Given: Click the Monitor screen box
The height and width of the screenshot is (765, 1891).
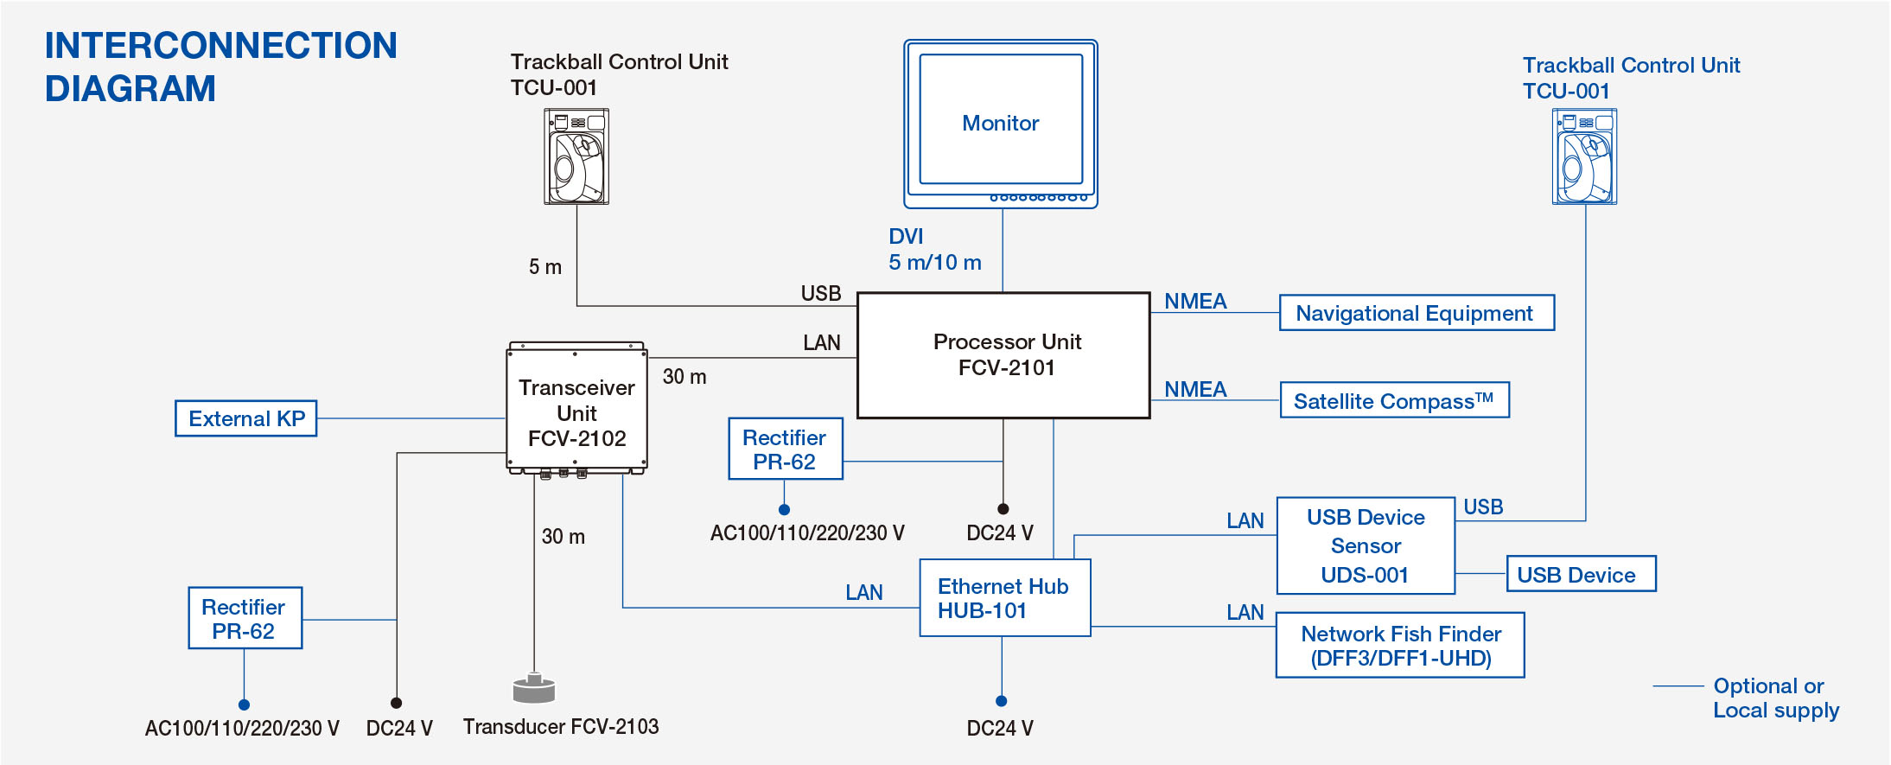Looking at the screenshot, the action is click(x=1001, y=124).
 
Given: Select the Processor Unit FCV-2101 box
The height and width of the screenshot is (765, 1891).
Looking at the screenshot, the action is click(x=1003, y=355).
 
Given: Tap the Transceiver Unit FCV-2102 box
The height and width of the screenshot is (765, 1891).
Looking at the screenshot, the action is click(x=576, y=410).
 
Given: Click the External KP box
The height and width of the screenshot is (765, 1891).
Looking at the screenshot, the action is click(x=246, y=418).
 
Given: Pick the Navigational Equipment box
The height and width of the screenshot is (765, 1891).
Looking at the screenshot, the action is click(x=1417, y=313).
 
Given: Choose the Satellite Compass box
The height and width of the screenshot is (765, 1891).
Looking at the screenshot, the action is click(x=1395, y=400).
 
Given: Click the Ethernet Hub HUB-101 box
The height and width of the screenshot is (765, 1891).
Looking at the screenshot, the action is click(x=1005, y=598).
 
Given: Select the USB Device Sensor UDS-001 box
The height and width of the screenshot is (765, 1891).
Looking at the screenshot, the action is click(x=1366, y=545).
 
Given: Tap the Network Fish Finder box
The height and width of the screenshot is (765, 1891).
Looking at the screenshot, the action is click(x=1400, y=646).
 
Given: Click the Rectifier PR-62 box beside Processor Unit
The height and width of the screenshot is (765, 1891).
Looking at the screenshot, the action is click(x=785, y=449).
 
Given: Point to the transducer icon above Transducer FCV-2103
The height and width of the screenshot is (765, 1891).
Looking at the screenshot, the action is click(x=534, y=688).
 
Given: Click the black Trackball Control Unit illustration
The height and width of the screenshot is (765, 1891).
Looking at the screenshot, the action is click(x=576, y=156).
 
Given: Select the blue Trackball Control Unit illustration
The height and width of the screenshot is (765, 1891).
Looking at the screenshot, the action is click(x=1585, y=156).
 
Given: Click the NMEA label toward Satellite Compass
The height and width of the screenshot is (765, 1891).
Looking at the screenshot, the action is click(x=1195, y=390).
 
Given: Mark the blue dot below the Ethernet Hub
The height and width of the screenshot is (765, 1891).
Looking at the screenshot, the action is click(x=1002, y=701).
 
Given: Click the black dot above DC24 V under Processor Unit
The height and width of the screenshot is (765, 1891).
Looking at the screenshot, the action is click(x=1003, y=509).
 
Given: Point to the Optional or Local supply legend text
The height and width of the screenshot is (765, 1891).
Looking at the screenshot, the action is click(x=1776, y=698).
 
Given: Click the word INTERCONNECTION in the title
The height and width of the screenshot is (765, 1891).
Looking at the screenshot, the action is click(x=221, y=46).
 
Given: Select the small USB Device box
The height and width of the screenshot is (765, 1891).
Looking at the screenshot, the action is click(x=1581, y=574).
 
